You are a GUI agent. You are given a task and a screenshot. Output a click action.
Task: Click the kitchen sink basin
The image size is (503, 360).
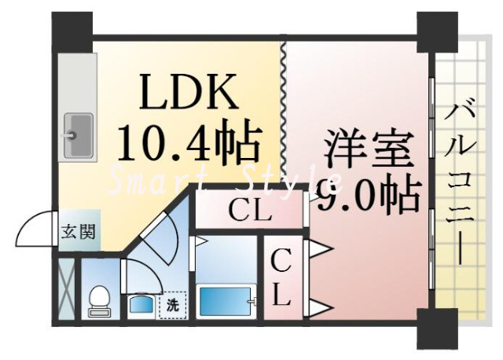[x=78, y=135]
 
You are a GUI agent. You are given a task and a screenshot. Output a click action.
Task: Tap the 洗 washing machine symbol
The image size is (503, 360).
[x=171, y=303]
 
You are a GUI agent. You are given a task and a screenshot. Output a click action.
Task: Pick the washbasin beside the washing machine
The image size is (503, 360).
[x=142, y=304]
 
